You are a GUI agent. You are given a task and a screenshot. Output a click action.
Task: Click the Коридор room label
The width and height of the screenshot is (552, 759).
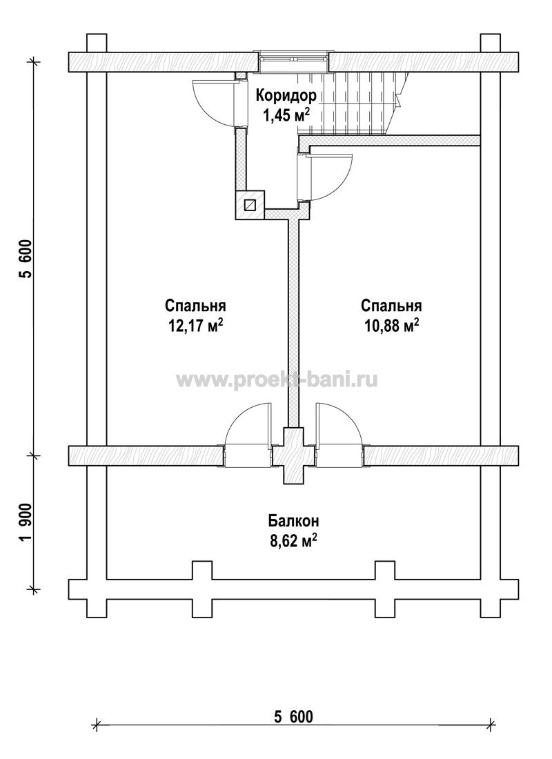(286, 96)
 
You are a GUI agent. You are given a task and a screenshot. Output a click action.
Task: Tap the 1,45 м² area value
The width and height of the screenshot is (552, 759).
(286, 115)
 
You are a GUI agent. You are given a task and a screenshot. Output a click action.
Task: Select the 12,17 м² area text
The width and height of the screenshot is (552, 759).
(196, 325)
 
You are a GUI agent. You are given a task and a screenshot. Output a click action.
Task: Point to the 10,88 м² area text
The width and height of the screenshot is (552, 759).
(391, 325)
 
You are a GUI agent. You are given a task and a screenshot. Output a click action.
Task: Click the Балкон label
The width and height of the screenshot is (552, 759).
(293, 522)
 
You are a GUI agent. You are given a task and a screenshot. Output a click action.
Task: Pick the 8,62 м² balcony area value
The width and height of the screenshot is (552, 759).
(293, 541)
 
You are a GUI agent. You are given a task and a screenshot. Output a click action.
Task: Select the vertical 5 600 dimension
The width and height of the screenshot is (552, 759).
(26, 259)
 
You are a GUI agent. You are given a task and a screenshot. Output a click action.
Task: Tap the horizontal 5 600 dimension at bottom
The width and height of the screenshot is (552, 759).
(293, 716)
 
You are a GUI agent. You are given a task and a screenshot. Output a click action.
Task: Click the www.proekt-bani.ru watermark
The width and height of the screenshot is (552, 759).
(277, 380)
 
